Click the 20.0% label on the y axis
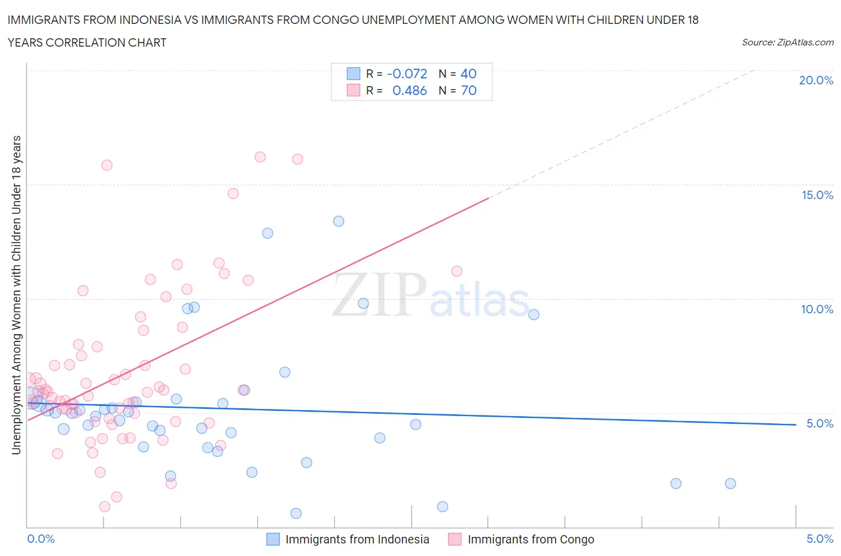tap(816, 80)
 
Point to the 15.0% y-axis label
tap(817, 195)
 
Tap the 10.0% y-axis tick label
tap(817, 309)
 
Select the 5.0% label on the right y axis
tap(819, 423)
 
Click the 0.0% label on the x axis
tap(41, 539)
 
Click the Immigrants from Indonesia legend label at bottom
tap(357, 539)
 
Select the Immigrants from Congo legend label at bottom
tap(531, 539)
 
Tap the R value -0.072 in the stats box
tap(407, 74)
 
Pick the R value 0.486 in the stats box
tap(409, 90)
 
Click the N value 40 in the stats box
tap(468, 74)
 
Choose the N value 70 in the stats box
tap(468, 90)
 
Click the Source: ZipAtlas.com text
tap(787, 42)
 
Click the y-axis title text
tap(16, 295)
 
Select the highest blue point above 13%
tap(339, 221)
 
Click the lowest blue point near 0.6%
tap(295, 513)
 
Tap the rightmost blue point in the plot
tap(730, 484)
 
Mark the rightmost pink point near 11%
tap(456, 271)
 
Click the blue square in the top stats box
tap(354, 74)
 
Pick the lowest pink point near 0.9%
tap(104, 506)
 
